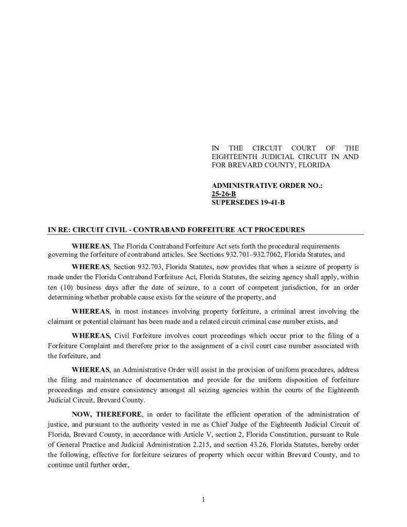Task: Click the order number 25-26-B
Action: tap(223, 194)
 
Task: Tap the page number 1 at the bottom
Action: tap(204, 499)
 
